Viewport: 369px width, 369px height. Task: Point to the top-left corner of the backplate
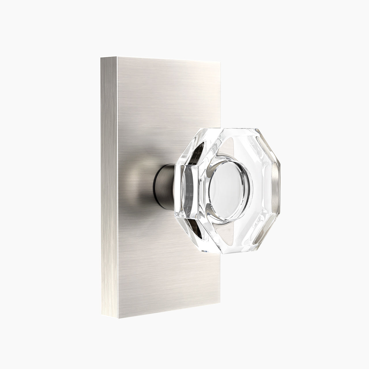coord(101,58)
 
